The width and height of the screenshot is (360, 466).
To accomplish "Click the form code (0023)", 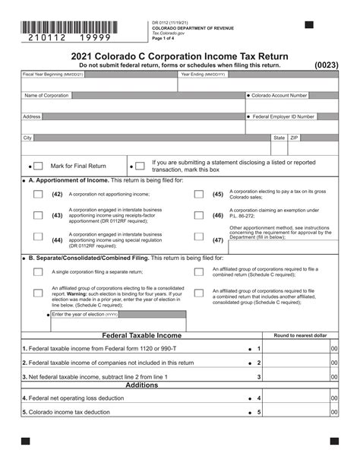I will pyautogui.click(x=327, y=65).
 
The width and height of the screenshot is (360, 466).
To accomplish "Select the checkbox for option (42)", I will pyautogui.click(x=38, y=195).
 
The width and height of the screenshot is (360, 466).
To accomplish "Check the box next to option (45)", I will pyautogui.click(x=199, y=195).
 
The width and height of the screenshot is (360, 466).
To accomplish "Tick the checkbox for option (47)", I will pyautogui.click(x=199, y=240).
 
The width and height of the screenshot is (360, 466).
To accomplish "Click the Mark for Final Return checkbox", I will pyautogui.click(x=37, y=166).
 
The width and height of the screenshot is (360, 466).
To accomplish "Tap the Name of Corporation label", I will pyautogui.click(x=46, y=96).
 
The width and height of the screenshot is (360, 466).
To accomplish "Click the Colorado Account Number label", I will pyautogui.click(x=279, y=96).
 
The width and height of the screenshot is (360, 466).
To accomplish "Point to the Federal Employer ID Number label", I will pyautogui.click(x=283, y=117).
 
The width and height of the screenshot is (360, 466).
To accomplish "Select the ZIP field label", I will pyautogui.click(x=295, y=138).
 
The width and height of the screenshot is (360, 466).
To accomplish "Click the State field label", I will pyautogui.click(x=279, y=138).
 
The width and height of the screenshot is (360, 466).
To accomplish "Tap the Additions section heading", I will pyautogui.click(x=142, y=385).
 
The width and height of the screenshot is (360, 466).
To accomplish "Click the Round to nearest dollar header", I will pyautogui.click(x=300, y=335).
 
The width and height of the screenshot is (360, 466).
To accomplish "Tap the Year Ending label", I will pyautogui.click(x=203, y=74).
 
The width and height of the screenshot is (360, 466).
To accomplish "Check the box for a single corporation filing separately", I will pyautogui.click(x=38, y=271).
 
